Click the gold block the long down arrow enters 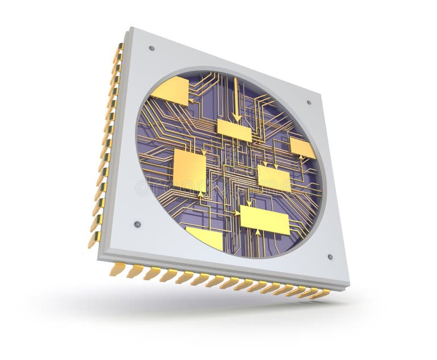(x=234, y=130)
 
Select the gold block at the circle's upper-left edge (x=171, y=90)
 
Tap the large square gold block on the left (x=189, y=170)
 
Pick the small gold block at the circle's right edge (x=302, y=148)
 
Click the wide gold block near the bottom (x=265, y=219)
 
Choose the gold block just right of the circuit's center (x=274, y=178)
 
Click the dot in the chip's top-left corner (x=151, y=48)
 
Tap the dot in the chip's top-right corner (x=309, y=103)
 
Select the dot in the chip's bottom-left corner (x=137, y=224)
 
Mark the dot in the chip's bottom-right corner (x=329, y=257)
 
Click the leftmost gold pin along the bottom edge (x=117, y=269)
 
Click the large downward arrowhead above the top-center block (x=237, y=117)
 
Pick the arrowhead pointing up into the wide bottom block (x=258, y=232)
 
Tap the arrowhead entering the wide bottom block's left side (x=237, y=214)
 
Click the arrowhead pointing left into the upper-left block (x=191, y=101)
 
